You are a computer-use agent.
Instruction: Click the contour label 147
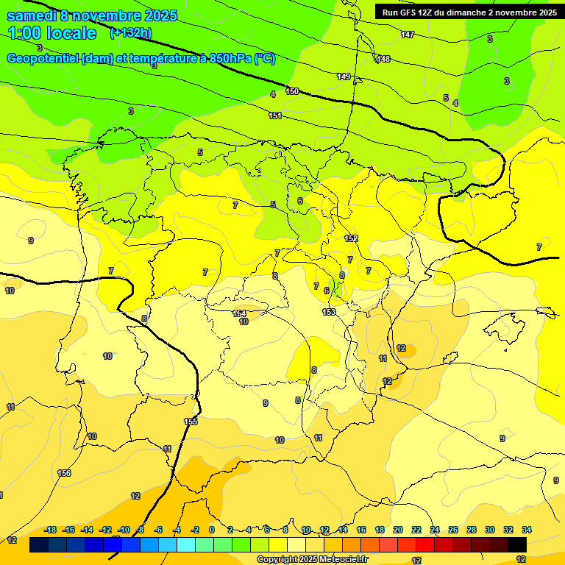click(408, 35)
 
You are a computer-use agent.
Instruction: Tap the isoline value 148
click(383, 59)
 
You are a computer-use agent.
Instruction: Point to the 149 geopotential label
click(344, 77)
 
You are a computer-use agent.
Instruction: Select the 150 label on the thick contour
click(292, 91)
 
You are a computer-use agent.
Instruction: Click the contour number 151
click(275, 116)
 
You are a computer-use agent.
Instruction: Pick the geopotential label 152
click(351, 238)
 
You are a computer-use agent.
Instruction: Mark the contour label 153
click(329, 312)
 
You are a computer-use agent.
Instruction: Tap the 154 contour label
click(239, 313)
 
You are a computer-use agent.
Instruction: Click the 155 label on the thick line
click(191, 422)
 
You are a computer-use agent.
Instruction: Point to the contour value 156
click(65, 473)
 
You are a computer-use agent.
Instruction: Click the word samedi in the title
click(32, 15)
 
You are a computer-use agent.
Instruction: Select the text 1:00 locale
click(52, 33)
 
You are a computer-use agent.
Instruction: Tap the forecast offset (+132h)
click(130, 33)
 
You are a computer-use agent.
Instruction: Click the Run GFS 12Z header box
click(468, 12)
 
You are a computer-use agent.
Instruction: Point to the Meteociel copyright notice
click(312, 559)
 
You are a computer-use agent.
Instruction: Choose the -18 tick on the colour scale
click(51, 530)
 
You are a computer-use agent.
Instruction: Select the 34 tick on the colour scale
click(526, 530)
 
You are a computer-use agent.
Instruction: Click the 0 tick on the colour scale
click(212, 530)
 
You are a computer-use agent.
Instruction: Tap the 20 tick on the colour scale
click(398, 530)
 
